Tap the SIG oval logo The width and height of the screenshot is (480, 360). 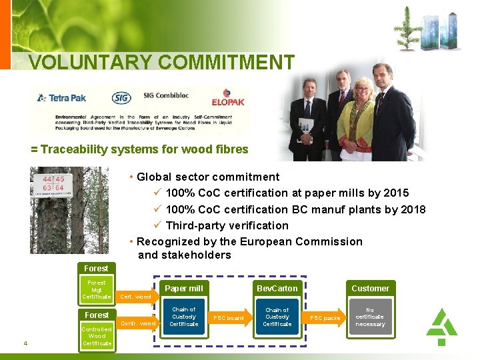121,98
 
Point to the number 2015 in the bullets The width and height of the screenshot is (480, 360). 396,193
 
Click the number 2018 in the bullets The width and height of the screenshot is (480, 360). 412,209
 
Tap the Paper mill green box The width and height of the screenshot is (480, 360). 183,288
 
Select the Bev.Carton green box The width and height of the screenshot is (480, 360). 277,288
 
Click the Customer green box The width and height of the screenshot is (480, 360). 370,288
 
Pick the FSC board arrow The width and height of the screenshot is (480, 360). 229,318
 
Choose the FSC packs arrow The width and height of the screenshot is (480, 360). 325,318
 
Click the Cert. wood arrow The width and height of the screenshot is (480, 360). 135,296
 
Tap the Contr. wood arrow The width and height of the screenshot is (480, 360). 137,323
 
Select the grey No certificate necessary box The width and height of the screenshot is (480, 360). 370,317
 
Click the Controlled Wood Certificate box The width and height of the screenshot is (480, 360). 97,336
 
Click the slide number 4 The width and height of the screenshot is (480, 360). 25,343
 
